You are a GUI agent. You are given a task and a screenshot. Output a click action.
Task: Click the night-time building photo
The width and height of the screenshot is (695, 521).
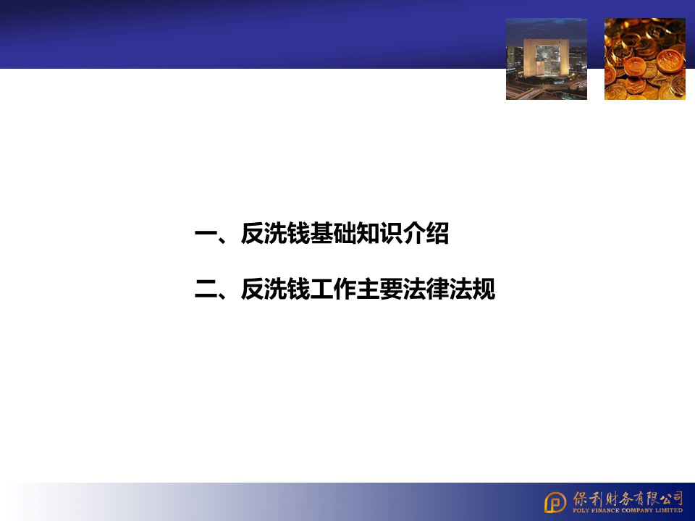click(546, 59)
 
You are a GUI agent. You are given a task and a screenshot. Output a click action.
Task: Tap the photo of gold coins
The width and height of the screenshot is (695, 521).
click(644, 59)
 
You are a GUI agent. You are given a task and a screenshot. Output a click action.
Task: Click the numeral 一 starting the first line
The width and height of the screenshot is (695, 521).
click(206, 234)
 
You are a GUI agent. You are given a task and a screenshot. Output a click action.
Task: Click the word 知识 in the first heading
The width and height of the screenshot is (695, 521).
click(379, 234)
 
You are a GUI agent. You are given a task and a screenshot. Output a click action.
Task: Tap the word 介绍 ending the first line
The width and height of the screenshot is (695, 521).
click(426, 234)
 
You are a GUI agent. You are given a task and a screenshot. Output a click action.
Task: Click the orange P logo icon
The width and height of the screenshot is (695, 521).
click(555, 501)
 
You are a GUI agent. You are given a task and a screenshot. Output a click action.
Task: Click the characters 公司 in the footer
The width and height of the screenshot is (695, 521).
click(672, 497)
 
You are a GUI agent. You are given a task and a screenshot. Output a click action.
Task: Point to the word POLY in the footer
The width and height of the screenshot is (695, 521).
click(581, 510)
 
